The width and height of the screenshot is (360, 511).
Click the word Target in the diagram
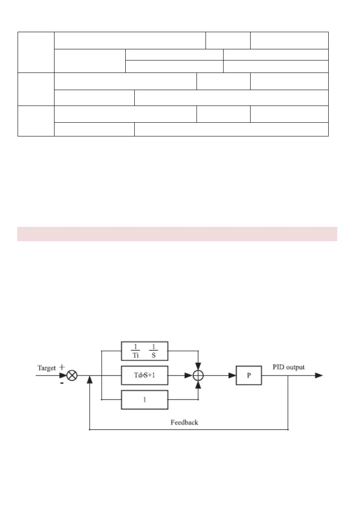coord(47,368)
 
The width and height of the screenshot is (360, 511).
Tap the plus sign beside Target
coord(62,367)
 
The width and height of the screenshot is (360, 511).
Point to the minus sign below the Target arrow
coord(62,384)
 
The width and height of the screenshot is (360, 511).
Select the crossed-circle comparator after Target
coord(73,375)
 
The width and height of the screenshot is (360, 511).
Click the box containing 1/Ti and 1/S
coord(145,351)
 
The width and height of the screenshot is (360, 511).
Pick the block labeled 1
coord(145,399)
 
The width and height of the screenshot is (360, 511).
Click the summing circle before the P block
coord(198,375)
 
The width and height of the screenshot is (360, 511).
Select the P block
coord(249,375)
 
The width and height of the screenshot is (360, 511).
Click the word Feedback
coord(185,423)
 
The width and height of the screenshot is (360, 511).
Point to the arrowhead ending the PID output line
coord(319,375)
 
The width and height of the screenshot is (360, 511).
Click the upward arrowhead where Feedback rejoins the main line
coord(89,380)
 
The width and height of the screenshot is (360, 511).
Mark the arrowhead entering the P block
coord(232,375)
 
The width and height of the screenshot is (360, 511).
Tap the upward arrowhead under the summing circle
coord(198,384)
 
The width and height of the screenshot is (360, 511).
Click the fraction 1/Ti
coord(133,351)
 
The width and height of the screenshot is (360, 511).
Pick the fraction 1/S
coord(154,351)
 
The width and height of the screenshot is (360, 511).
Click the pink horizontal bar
coord(177,234)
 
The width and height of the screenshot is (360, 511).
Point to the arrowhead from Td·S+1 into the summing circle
coord(188,375)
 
